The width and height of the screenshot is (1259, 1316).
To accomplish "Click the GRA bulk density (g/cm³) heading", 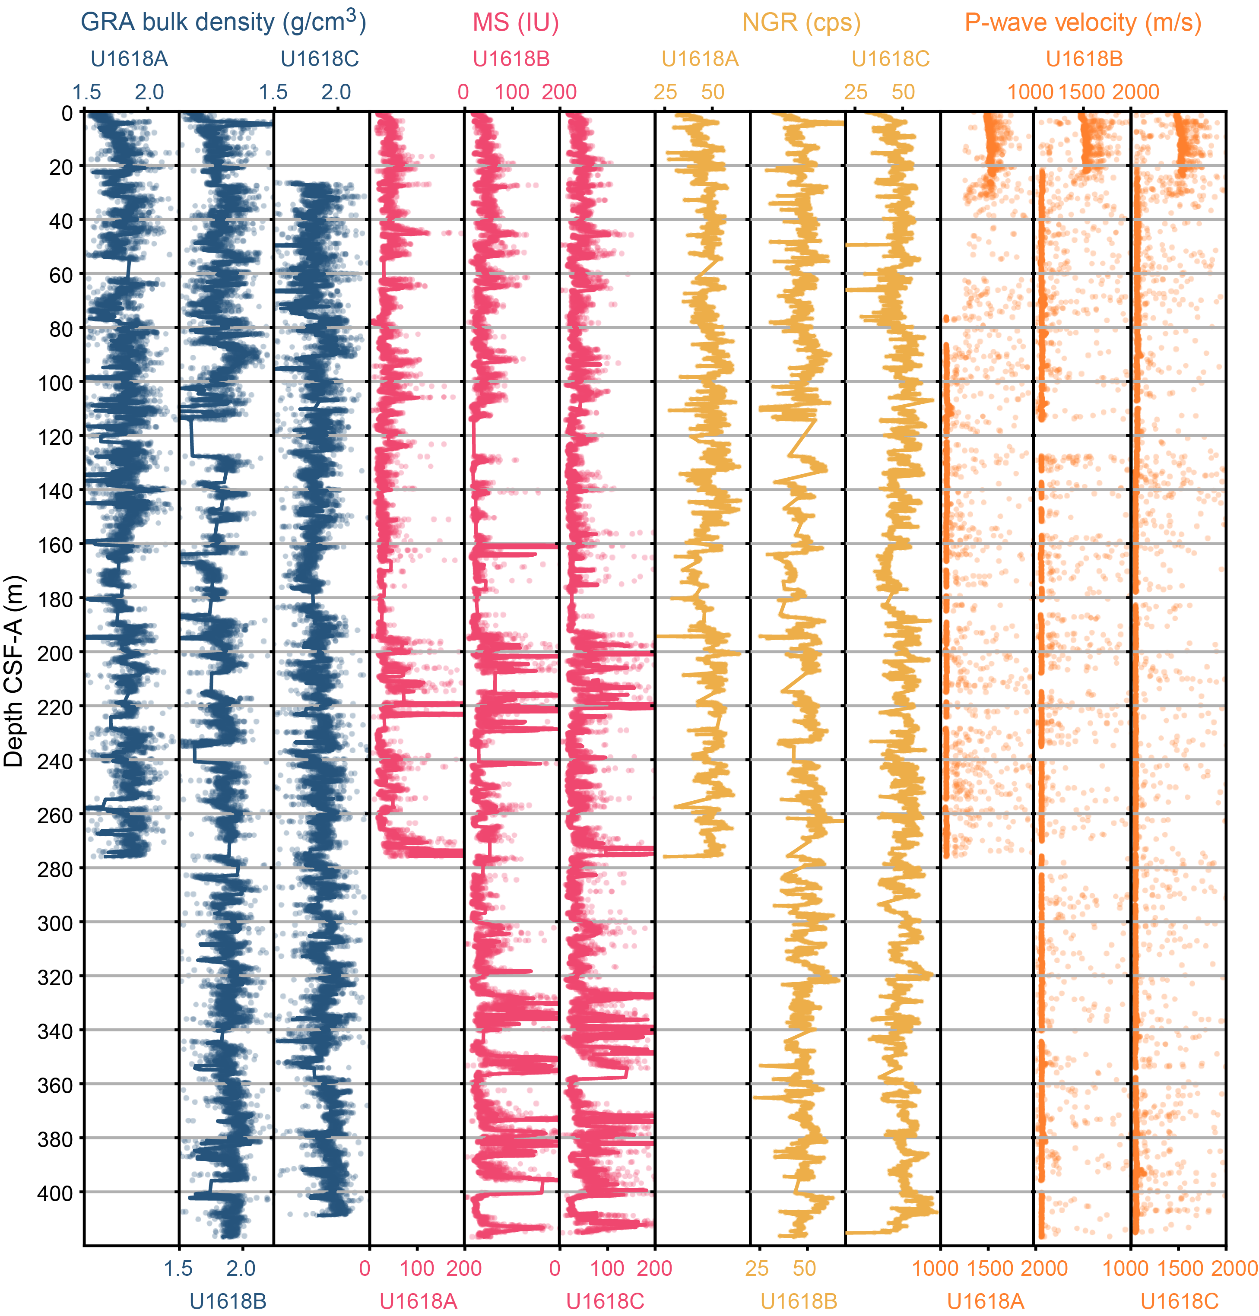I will tap(223, 22).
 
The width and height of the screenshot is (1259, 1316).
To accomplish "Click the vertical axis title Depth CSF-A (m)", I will tap(13, 671).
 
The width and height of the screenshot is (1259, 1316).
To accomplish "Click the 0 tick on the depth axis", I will tap(67, 113).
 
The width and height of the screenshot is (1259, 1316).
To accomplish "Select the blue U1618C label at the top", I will tap(320, 59).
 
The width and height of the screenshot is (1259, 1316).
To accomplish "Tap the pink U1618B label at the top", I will tap(511, 59).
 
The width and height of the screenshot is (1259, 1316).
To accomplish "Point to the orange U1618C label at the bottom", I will tap(1179, 1302).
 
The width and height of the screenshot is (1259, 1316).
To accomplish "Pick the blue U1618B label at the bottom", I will tap(228, 1302).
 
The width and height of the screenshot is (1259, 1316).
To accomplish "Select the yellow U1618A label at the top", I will tap(700, 59).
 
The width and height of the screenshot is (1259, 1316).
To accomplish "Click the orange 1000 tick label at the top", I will tap(1030, 92).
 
